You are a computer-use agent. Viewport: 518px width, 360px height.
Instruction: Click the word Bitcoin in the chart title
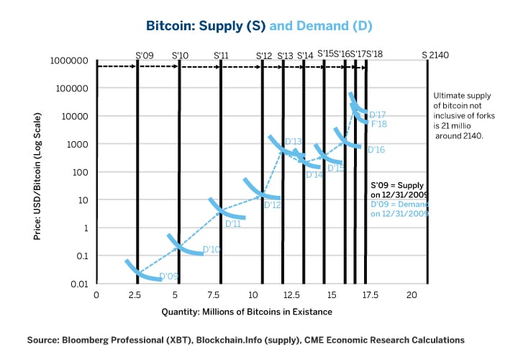click(169, 26)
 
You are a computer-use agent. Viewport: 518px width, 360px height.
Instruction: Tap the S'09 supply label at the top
click(145, 54)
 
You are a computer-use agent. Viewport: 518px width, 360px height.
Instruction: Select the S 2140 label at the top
click(435, 54)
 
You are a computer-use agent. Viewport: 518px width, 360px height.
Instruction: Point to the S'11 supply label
click(222, 54)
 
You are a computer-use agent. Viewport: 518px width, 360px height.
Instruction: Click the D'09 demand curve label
click(169, 276)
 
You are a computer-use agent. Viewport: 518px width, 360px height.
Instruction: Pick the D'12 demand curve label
click(273, 205)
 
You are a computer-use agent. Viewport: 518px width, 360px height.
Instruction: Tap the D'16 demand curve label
click(376, 150)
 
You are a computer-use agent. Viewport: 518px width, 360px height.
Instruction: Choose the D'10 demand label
click(212, 250)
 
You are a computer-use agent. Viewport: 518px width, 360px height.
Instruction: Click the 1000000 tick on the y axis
click(69, 61)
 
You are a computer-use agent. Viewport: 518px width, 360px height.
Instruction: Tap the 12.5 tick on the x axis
click(287, 295)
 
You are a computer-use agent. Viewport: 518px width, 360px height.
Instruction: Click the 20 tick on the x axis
click(412, 295)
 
